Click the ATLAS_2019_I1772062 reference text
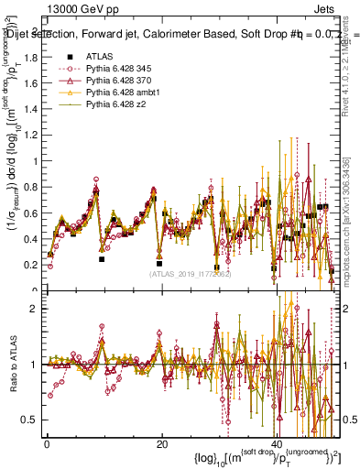pyautogui.click(x=188, y=273)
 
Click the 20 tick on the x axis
pyautogui.click(x=162, y=444)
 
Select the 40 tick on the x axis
pyautogui.click(x=278, y=444)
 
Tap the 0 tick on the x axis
pyautogui.click(x=47, y=444)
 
